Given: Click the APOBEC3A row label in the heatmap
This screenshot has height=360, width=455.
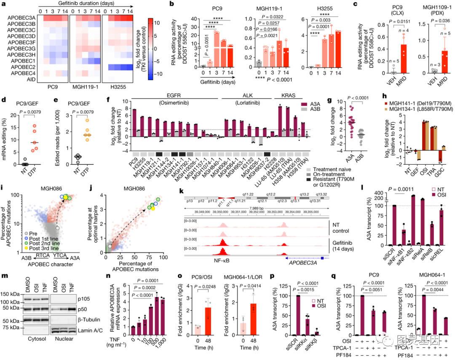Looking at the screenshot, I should (x=21, y=18).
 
